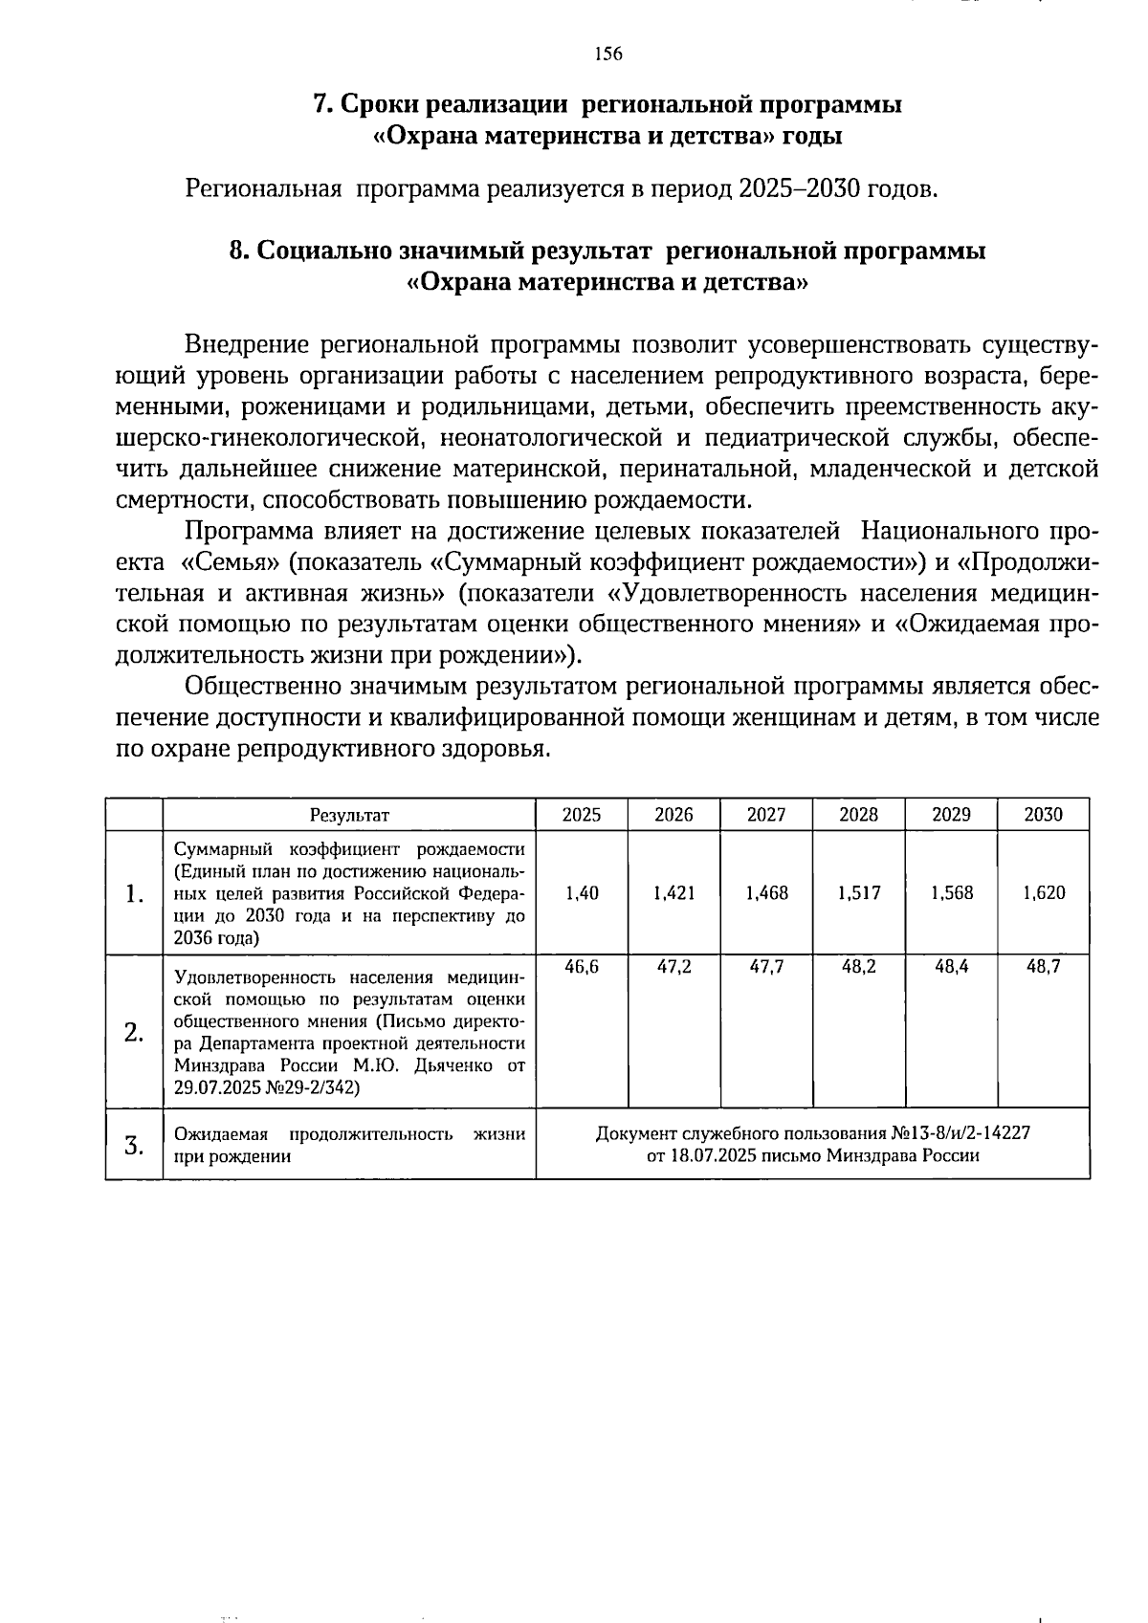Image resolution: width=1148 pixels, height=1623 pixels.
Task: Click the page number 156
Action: point(607,55)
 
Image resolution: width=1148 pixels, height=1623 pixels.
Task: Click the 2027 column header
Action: point(766,815)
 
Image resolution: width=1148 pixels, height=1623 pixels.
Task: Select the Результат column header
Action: point(349,816)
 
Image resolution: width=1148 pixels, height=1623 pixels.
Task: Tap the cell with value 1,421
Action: point(674,893)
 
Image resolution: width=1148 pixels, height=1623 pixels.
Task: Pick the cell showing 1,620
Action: point(1044,893)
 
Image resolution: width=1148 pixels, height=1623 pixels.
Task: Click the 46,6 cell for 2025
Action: point(582,967)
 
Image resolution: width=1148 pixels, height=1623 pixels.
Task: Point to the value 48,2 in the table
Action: point(859,967)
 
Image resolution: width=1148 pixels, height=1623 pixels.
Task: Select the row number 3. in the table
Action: point(134,1145)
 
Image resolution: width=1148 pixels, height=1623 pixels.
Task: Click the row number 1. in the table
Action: point(134,894)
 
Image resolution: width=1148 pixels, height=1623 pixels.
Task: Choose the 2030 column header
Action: point(1044,815)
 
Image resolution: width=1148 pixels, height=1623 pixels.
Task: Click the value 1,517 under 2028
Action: point(859,893)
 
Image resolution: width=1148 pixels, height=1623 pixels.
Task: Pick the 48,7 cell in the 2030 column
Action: point(1044,967)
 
